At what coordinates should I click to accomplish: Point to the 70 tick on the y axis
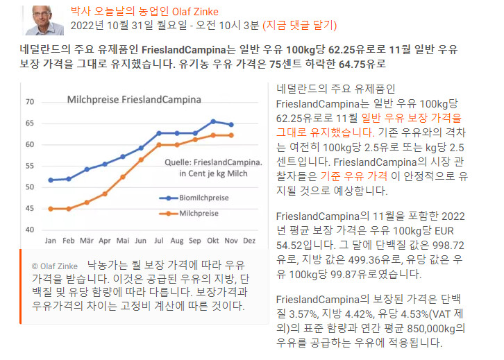pos(30,102)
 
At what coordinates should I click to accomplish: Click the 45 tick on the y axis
pos(30,208)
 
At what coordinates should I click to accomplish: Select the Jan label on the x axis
pos(51,240)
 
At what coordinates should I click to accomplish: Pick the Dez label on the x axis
pos(250,240)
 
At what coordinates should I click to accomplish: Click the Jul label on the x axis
pos(159,240)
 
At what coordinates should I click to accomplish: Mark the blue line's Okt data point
pos(213,121)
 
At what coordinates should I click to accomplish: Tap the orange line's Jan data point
pos(51,209)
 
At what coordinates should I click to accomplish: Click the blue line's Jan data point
pos(51,180)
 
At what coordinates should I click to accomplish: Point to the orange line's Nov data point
pos(231,135)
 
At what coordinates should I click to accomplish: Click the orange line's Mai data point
pos(123,177)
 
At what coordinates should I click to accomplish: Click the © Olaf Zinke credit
pos(53,266)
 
